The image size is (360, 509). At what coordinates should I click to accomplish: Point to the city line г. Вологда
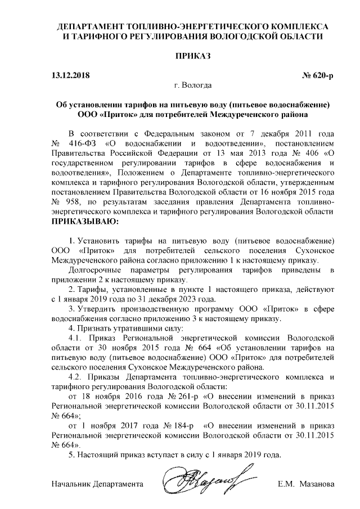click(x=193, y=85)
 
